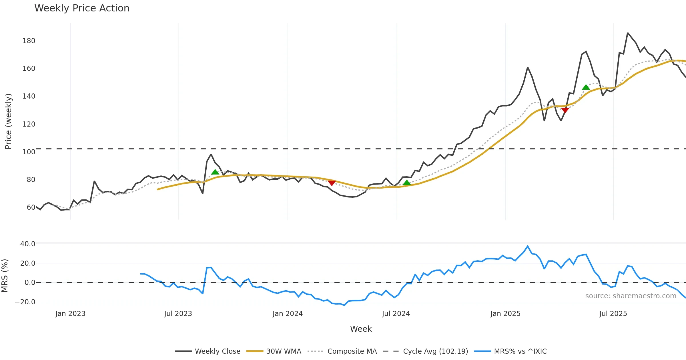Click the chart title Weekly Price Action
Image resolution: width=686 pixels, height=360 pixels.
(82, 8)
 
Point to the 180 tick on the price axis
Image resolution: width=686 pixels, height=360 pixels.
(29, 41)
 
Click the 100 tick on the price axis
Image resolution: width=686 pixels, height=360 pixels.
(29, 152)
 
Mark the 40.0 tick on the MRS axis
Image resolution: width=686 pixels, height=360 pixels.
(28, 244)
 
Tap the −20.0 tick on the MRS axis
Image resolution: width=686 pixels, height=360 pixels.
(25, 302)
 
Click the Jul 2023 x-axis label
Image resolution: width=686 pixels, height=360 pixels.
(178, 313)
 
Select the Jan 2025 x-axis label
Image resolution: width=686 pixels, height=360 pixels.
(505, 313)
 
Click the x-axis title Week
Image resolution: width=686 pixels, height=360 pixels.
(361, 329)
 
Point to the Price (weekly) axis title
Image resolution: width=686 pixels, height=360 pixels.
(8, 121)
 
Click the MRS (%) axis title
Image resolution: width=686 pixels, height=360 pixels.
(5, 275)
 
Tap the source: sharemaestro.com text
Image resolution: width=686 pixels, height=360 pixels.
(631, 296)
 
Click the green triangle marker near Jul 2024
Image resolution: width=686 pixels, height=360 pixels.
(406, 182)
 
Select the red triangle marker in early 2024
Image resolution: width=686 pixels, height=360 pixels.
(332, 183)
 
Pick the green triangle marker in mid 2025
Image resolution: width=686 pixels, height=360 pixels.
(586, 87)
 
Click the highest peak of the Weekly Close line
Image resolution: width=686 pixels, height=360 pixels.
(628, 33)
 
